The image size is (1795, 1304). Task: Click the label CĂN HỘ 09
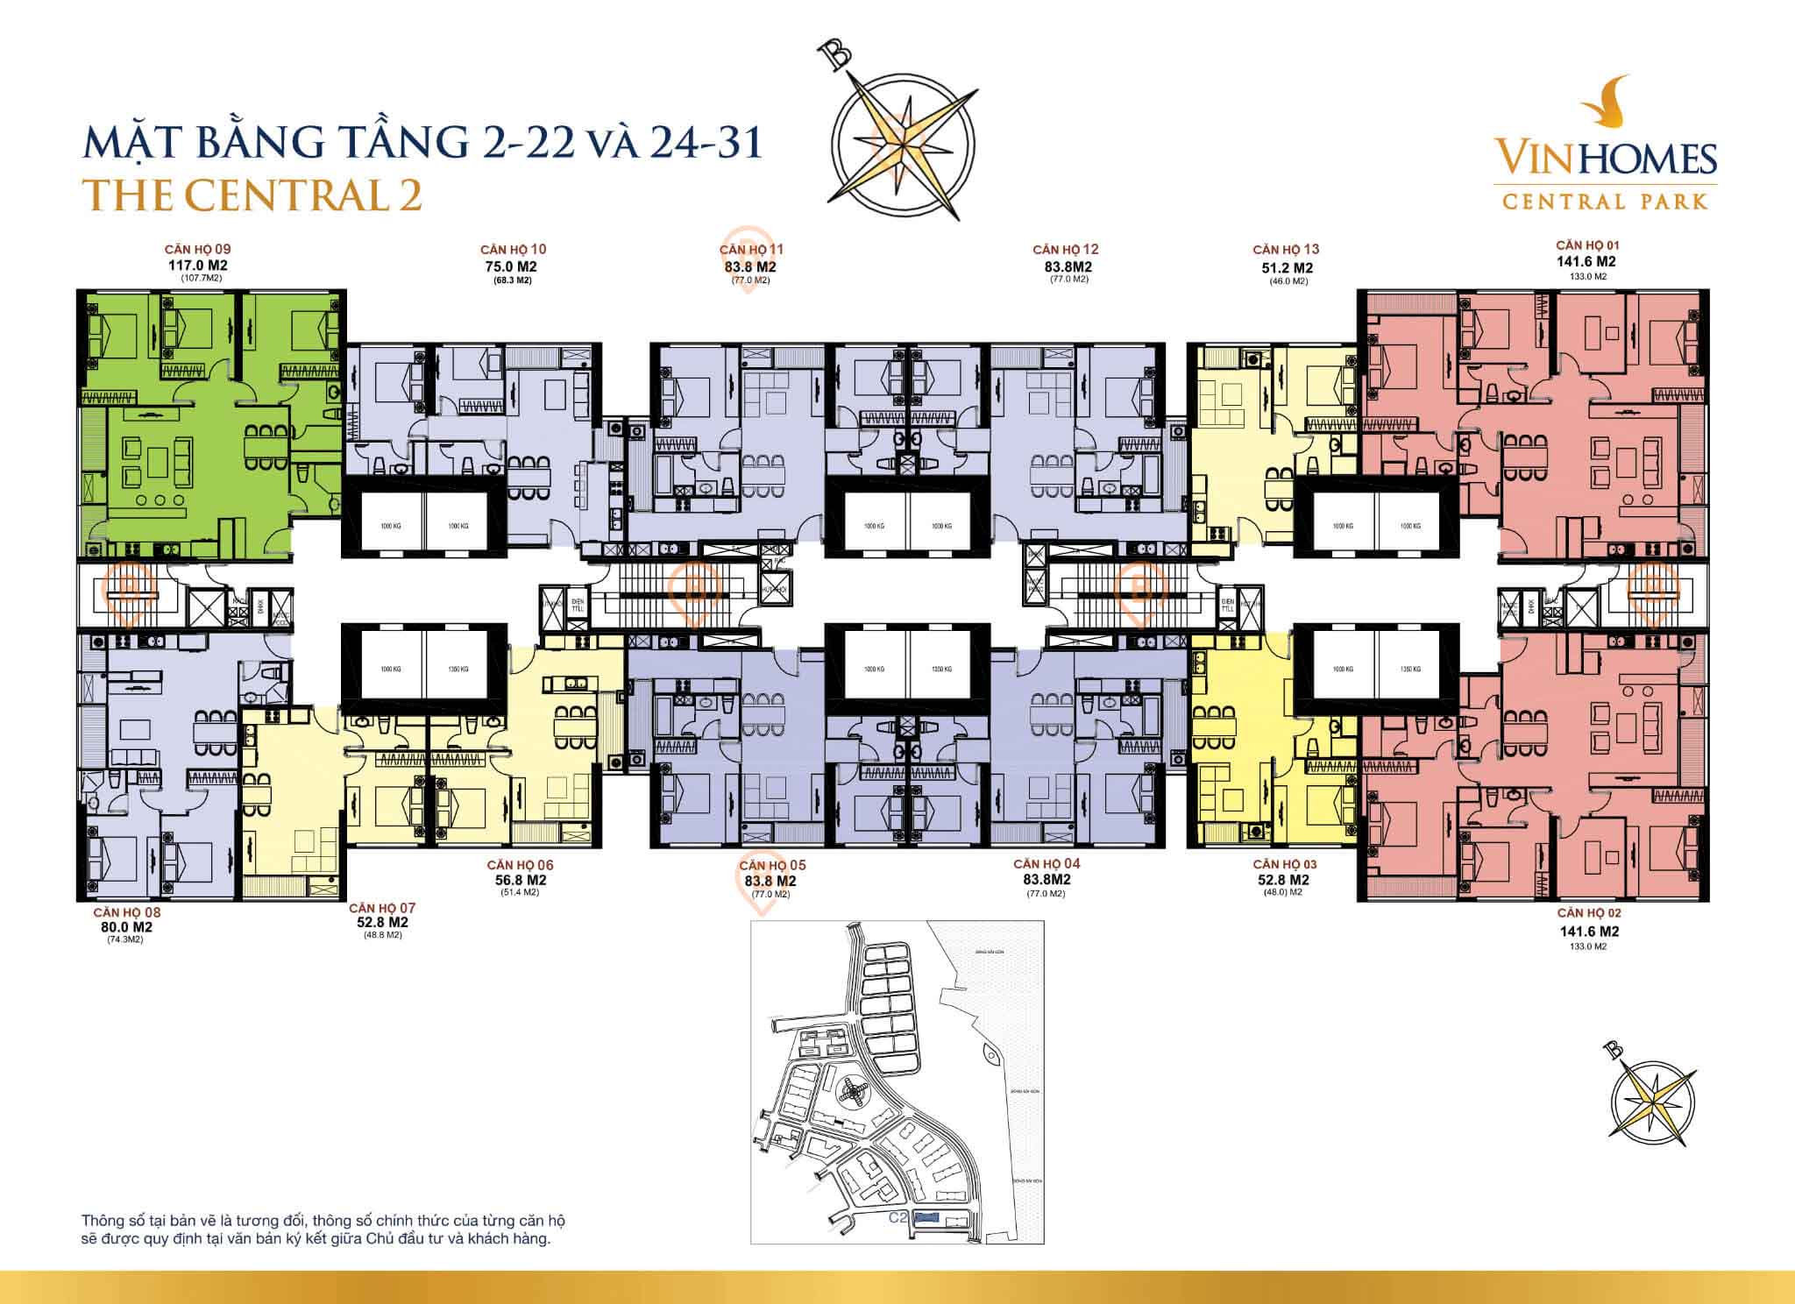[198, 249]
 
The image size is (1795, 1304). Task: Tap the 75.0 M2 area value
[513, 266]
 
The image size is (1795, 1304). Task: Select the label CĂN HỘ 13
[1286, 249]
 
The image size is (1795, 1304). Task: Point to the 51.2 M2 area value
[1286, 267]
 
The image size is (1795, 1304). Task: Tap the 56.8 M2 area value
[521, 880]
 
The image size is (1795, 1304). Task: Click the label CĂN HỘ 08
[128, 912]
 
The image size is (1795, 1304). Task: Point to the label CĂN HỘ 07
[382, 908]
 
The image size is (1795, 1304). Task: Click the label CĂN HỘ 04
[1046, 864]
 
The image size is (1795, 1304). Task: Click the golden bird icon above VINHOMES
[1607, 103]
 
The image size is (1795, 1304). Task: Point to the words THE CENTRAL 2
[254, 195]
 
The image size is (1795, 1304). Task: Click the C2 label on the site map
[896, 1217]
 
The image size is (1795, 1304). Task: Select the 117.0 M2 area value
[198, 265]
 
